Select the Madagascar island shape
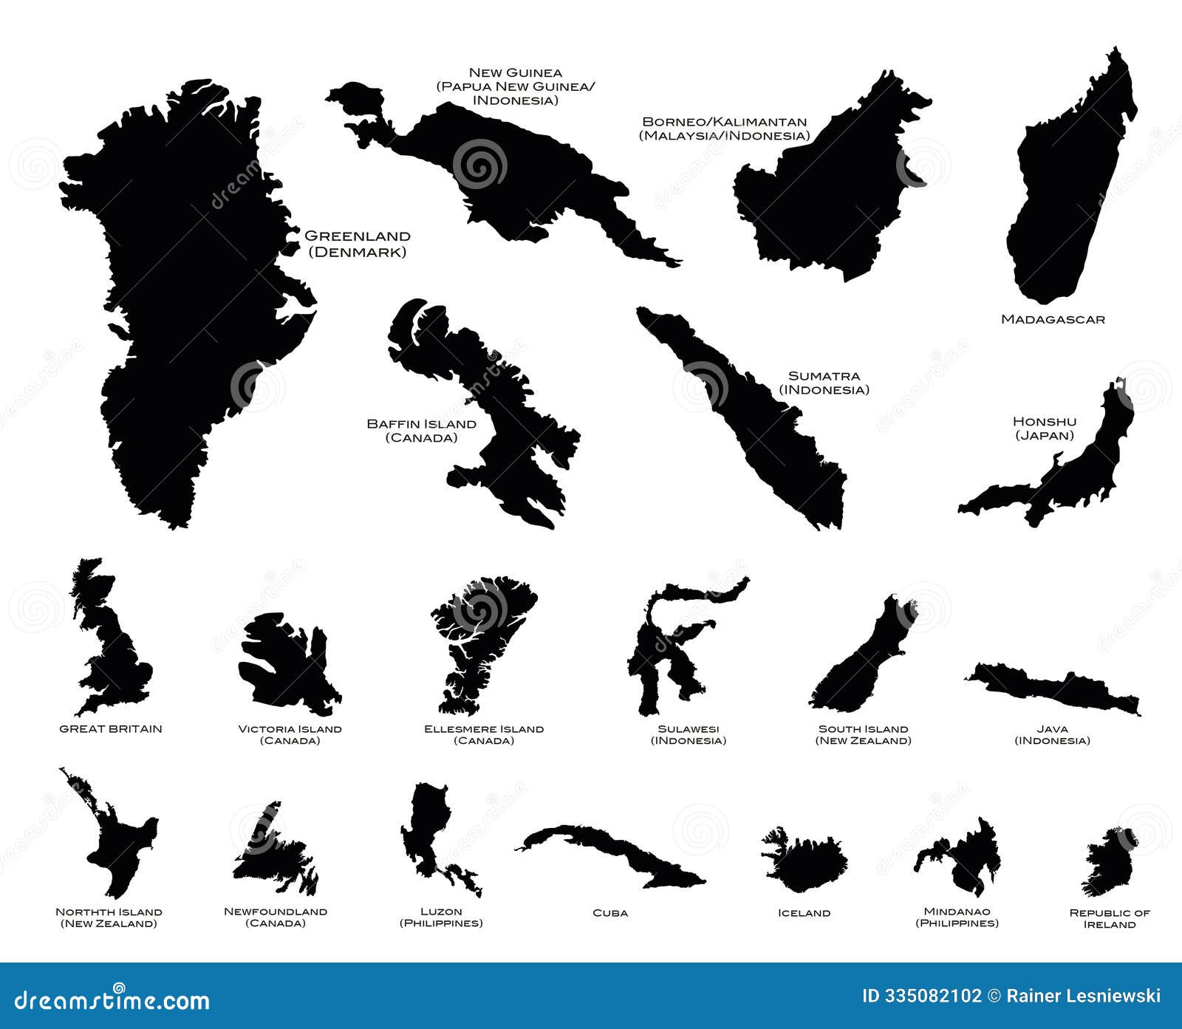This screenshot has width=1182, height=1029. (x=1064, y=192)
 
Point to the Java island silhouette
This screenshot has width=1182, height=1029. (x=1056, y=687)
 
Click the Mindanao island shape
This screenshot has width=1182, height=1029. (x=968, y=861)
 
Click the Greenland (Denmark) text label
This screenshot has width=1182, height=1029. (x=357, y=244)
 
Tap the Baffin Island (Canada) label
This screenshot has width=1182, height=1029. (x=421, y=431)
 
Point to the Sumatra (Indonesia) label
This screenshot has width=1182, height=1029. (x=824, y=383)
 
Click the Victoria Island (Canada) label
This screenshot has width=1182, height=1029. (x=290, y=734)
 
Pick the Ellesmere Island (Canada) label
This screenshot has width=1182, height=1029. (x=484, y=734)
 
